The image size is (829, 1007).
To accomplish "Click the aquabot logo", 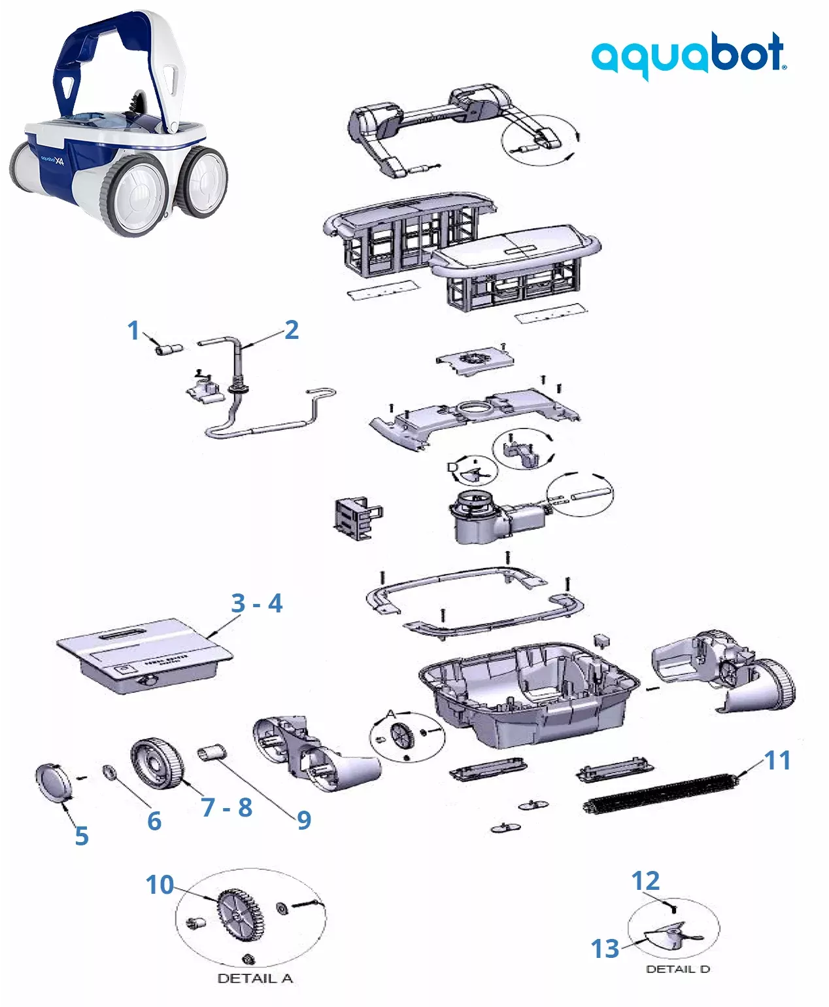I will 688,55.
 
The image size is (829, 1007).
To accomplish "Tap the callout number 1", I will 133,330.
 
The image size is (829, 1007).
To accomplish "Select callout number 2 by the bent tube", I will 292,330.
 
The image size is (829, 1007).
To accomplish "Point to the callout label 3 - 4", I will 256,603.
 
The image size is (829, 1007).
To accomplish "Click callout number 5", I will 81,836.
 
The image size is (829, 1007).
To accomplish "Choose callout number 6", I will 154,821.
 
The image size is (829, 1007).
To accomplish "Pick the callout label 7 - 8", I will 226,807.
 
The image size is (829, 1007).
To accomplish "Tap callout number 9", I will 303,820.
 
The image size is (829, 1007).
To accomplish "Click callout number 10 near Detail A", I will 160,885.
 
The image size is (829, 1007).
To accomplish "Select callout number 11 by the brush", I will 777,760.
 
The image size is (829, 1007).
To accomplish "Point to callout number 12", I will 645,881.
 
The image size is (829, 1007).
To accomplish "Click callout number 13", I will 605,948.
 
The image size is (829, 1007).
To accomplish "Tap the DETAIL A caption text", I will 254,979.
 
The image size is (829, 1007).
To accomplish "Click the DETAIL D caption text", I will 677,969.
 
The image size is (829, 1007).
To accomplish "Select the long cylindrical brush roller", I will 660,793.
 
